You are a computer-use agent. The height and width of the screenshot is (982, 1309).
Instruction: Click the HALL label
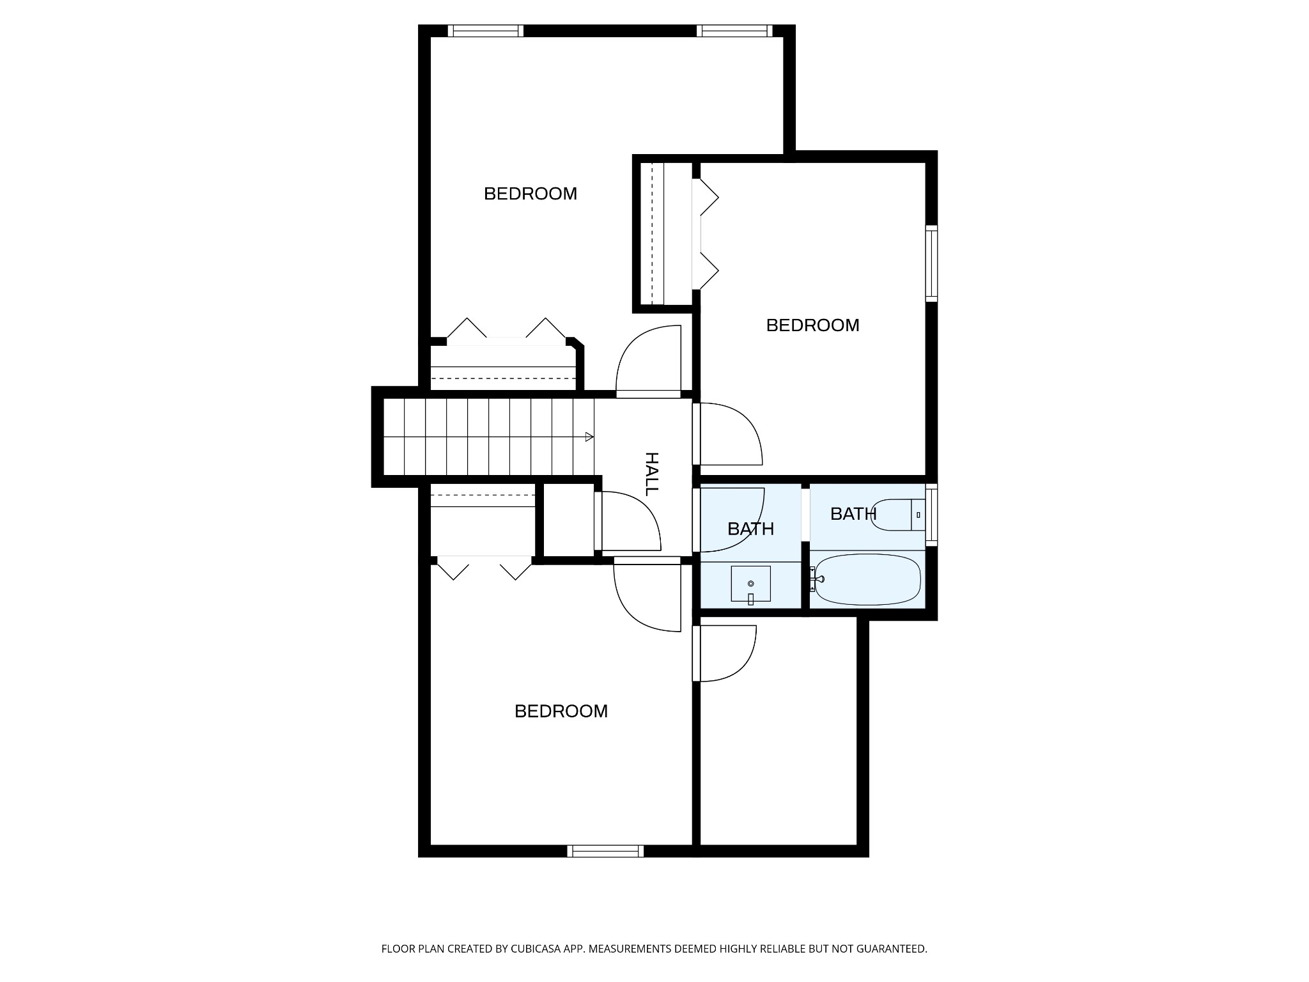tap(651, 474)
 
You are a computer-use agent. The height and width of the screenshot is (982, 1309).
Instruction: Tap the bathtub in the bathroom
tap(868, 580)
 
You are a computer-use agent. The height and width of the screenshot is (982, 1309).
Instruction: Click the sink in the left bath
tap(750, 584)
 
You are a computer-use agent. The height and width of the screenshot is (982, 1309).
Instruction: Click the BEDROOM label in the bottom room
tap(561, 712)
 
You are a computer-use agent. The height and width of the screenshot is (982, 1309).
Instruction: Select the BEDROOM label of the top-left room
tap(531, 194)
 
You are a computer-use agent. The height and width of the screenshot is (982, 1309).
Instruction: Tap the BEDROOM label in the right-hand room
tap(812, 325)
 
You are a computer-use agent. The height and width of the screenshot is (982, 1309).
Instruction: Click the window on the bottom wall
tap(605, 851)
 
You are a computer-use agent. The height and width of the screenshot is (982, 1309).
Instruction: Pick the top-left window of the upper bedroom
tap(486, 31)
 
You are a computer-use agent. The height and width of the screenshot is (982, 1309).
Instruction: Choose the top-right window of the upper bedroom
tap(734, 31)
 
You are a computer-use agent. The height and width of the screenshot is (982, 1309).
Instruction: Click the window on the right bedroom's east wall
tap(932, 263)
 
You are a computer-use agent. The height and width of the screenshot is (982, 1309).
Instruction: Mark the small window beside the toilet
tap(932, 515)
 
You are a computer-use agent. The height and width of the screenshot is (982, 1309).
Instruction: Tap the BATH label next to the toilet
tap(853, 513)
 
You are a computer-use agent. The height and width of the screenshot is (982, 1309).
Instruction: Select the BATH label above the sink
tap(751, 529)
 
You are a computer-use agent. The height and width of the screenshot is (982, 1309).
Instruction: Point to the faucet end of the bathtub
tap(817, 579)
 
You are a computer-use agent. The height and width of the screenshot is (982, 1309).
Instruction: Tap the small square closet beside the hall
tap(569, 520)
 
